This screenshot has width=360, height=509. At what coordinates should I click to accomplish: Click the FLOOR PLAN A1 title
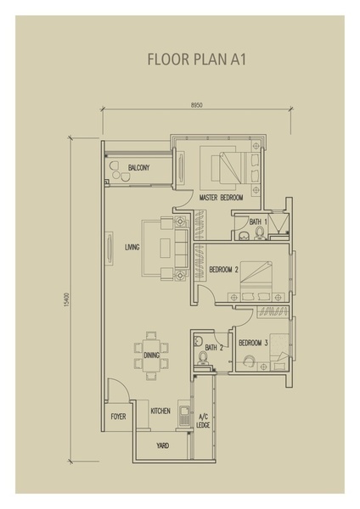point(197,59)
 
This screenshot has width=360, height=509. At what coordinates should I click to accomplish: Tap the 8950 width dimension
point(197,105)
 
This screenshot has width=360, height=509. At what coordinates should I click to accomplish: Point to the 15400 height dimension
point(66,299)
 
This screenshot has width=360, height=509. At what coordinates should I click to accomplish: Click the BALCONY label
point(138,167)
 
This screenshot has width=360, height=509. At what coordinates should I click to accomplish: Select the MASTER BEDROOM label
point(221,198)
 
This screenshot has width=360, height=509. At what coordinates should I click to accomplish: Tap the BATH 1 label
point(258,222)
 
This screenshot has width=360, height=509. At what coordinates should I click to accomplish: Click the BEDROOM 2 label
point(224,270)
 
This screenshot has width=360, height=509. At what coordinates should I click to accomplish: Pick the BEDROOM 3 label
point(253,343)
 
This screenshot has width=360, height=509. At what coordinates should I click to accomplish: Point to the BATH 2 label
point(214,348)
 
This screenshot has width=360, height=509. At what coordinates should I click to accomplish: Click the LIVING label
point(132,248)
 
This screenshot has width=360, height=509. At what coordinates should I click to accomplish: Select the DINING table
point(151,355)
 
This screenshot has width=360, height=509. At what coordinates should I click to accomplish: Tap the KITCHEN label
point(160,411)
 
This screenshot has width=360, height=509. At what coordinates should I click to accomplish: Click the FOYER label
point(118,417)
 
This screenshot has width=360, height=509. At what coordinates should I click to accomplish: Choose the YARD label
point(162,445)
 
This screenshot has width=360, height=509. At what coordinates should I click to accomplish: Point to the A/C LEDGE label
point(203,421)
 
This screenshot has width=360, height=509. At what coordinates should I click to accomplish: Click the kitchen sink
point(184,416)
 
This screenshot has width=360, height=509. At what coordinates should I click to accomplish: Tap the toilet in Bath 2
point(203,358)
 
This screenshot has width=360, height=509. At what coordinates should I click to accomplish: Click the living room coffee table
point(165,249)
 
